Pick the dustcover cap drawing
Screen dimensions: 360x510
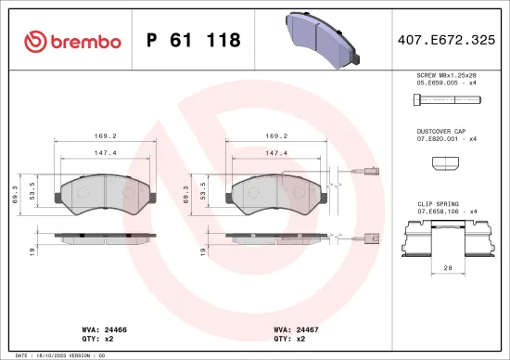[x=446, y=164]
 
